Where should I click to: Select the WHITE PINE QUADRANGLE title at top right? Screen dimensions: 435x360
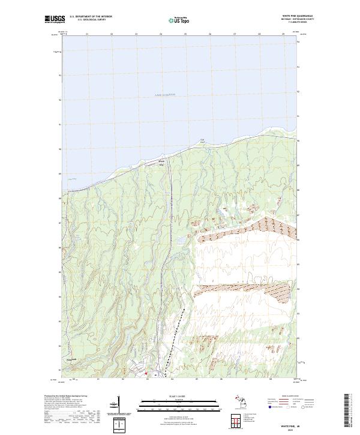point(298,16)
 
